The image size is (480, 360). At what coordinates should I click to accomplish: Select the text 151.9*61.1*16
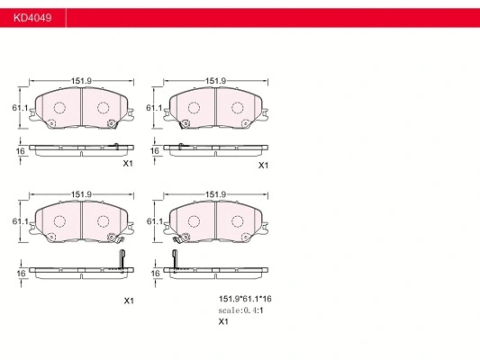[x=246, y=298]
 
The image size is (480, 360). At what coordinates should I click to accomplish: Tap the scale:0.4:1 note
[x=240, y=310]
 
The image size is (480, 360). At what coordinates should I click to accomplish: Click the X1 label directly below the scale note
[x=223, y=321]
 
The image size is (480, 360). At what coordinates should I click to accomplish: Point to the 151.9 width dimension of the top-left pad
[x=82, y=81]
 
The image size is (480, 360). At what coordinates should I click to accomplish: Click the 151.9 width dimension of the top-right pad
[x=215, y=81]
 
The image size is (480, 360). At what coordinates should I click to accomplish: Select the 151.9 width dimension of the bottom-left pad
[x=82, y=194]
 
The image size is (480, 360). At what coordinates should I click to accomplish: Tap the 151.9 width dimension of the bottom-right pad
[x=215, y=194]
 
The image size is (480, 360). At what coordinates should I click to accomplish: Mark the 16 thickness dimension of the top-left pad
[x=20, y=151]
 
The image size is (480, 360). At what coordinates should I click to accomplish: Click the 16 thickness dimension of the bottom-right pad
[x=155, y=273]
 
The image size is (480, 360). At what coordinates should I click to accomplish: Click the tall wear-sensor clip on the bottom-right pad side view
[x=177, y=257]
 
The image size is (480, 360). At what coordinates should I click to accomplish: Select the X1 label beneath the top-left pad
[x=128, y=164]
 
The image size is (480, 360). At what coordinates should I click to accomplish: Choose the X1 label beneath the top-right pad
[x=263, y=166]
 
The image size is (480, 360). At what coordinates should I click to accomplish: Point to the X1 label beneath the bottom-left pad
[x=128, y=301]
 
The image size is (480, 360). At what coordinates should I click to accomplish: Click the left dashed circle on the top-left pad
[x=60, y=108]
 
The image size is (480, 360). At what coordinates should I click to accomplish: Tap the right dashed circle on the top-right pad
[x=238, y=108]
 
